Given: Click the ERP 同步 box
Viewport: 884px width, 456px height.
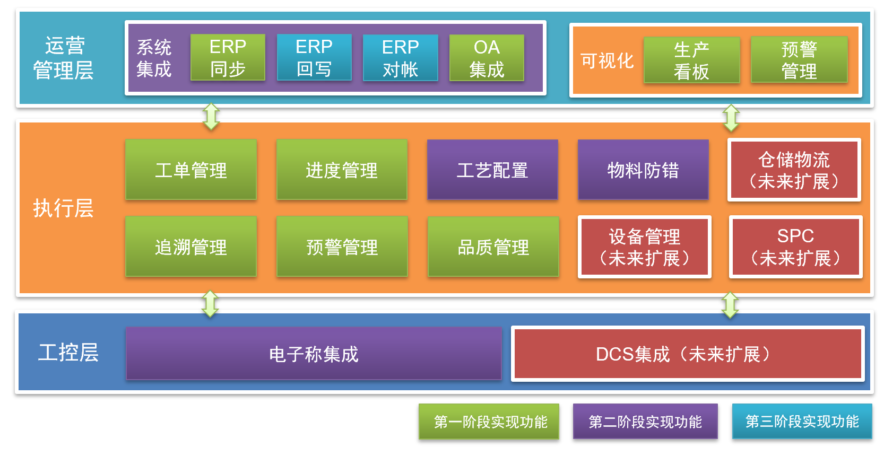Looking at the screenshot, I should click(x=228, y=57).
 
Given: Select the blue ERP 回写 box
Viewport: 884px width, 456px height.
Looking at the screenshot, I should click(x=314, y=57).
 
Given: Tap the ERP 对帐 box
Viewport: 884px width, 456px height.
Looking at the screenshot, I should click(x=401, y=58).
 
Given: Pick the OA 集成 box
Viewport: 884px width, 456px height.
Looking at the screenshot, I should click(x=487, y=58).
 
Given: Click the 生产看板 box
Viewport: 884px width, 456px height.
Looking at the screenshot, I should click(x=691, y=60).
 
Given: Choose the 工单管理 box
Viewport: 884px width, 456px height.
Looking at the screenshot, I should click(x=191, y=170).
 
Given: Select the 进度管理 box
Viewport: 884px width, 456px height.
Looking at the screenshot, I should click(x=342, y=170).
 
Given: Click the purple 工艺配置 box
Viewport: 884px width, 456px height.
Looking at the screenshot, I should click(x=492, y=170).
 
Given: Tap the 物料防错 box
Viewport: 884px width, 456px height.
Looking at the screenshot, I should click(x=643, y=170).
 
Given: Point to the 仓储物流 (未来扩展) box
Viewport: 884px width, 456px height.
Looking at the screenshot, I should click(x=794, y=170).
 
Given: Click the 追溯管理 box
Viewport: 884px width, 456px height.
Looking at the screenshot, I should click(x=191, y=247).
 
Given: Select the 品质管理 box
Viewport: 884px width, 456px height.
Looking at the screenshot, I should click(x=493, y=247).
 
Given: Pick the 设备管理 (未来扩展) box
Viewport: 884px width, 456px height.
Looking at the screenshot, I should click(x=644, y=247).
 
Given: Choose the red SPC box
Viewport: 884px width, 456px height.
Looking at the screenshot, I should click(x=795, y=247).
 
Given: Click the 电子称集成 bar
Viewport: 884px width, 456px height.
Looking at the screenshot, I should click(x=314, y=354).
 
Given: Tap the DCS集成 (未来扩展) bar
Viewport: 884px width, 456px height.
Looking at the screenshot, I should click(x=687, y=354).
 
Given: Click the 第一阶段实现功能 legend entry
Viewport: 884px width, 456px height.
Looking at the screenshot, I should click(x=489, y=422).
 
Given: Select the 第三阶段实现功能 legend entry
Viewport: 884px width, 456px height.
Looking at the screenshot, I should click(x=802, y=422).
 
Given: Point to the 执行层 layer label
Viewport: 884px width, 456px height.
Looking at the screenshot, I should click(x=63, y=208).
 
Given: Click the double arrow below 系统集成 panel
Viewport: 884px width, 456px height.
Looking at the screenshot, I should click(x=211, y=117).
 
